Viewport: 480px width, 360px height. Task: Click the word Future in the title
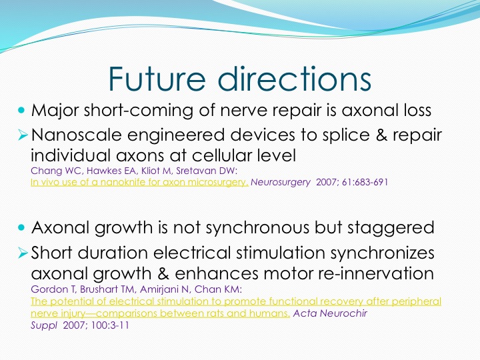click(x=157, y=79)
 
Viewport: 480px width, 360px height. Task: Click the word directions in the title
click(x=295, y=79)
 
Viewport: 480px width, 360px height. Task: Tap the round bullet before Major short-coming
click(x=21, y=110)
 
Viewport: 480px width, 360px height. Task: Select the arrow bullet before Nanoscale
click(x=23, y=135)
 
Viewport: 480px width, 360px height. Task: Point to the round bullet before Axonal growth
click(x=21, y=227)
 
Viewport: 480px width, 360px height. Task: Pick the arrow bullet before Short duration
click(x=23, y=253)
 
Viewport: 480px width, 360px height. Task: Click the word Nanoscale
click(x=76, y=135)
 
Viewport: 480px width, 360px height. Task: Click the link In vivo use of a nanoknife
click(x=139, y=183)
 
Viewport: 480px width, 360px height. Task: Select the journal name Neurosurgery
click(x=281, y=183)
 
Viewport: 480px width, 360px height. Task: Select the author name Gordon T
click(x=53, y=289)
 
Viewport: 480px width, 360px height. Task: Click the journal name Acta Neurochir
click(x=330, y=313)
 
